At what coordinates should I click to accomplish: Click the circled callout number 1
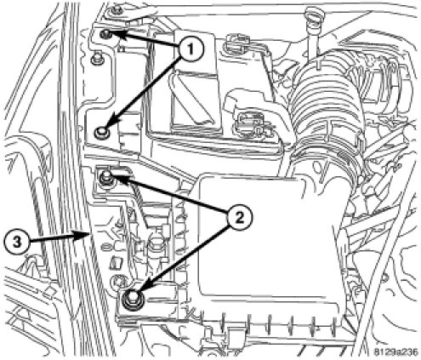tap(191, 49)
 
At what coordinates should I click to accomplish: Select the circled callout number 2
tap(239, 218)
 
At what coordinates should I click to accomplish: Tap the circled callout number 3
tap(17, 242)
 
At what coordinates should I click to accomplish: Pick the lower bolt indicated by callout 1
tap(101, 132)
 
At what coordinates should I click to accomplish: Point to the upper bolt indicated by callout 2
tap(106, 177)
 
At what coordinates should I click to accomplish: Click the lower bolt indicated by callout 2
tap(133, 300)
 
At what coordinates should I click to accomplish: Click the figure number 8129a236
tap(395, 352)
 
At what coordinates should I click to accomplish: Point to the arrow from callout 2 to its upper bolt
tap(168, 194)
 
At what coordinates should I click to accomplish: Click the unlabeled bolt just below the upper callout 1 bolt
tap(97, 59)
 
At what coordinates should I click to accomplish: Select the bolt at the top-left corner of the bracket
tap(116, 11)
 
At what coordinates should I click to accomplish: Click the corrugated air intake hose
tap(326, 105)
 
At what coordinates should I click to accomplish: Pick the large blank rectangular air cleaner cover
tap(270, 238)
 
